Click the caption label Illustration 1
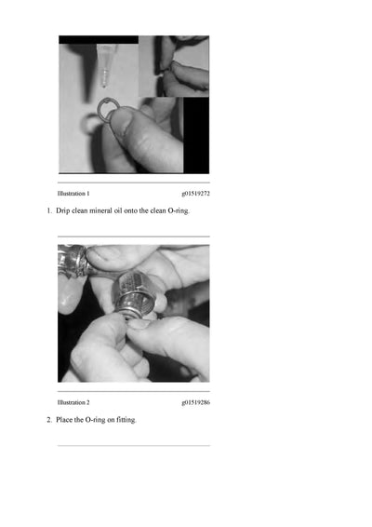click(73, 194)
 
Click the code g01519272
click(195, 194)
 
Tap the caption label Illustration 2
click(73, 402)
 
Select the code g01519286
click(195, 402)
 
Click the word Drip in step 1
click(63, 211)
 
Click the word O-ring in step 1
click(179, 211)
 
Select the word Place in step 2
click(64, 420)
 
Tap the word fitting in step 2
click(126, 420)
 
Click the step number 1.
click(49, 210)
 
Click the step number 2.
click(49, 420)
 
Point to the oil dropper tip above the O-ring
click(104, 86)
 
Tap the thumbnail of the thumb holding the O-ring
click(120, 120)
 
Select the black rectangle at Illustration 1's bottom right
click(196, 135)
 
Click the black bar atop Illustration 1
click(99, 40)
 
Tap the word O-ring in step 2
click(95, 420)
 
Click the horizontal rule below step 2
click(134, 446)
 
